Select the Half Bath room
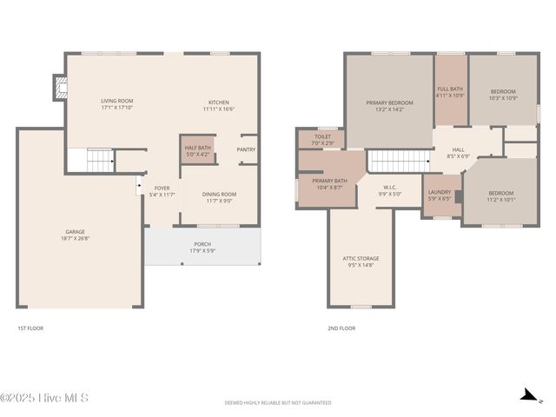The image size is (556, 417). click(x=197, y=150)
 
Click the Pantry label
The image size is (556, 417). click(x=246, y=149)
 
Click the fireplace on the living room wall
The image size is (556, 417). click(x=59, y=87)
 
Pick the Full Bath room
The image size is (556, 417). click(x=450, y=90)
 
